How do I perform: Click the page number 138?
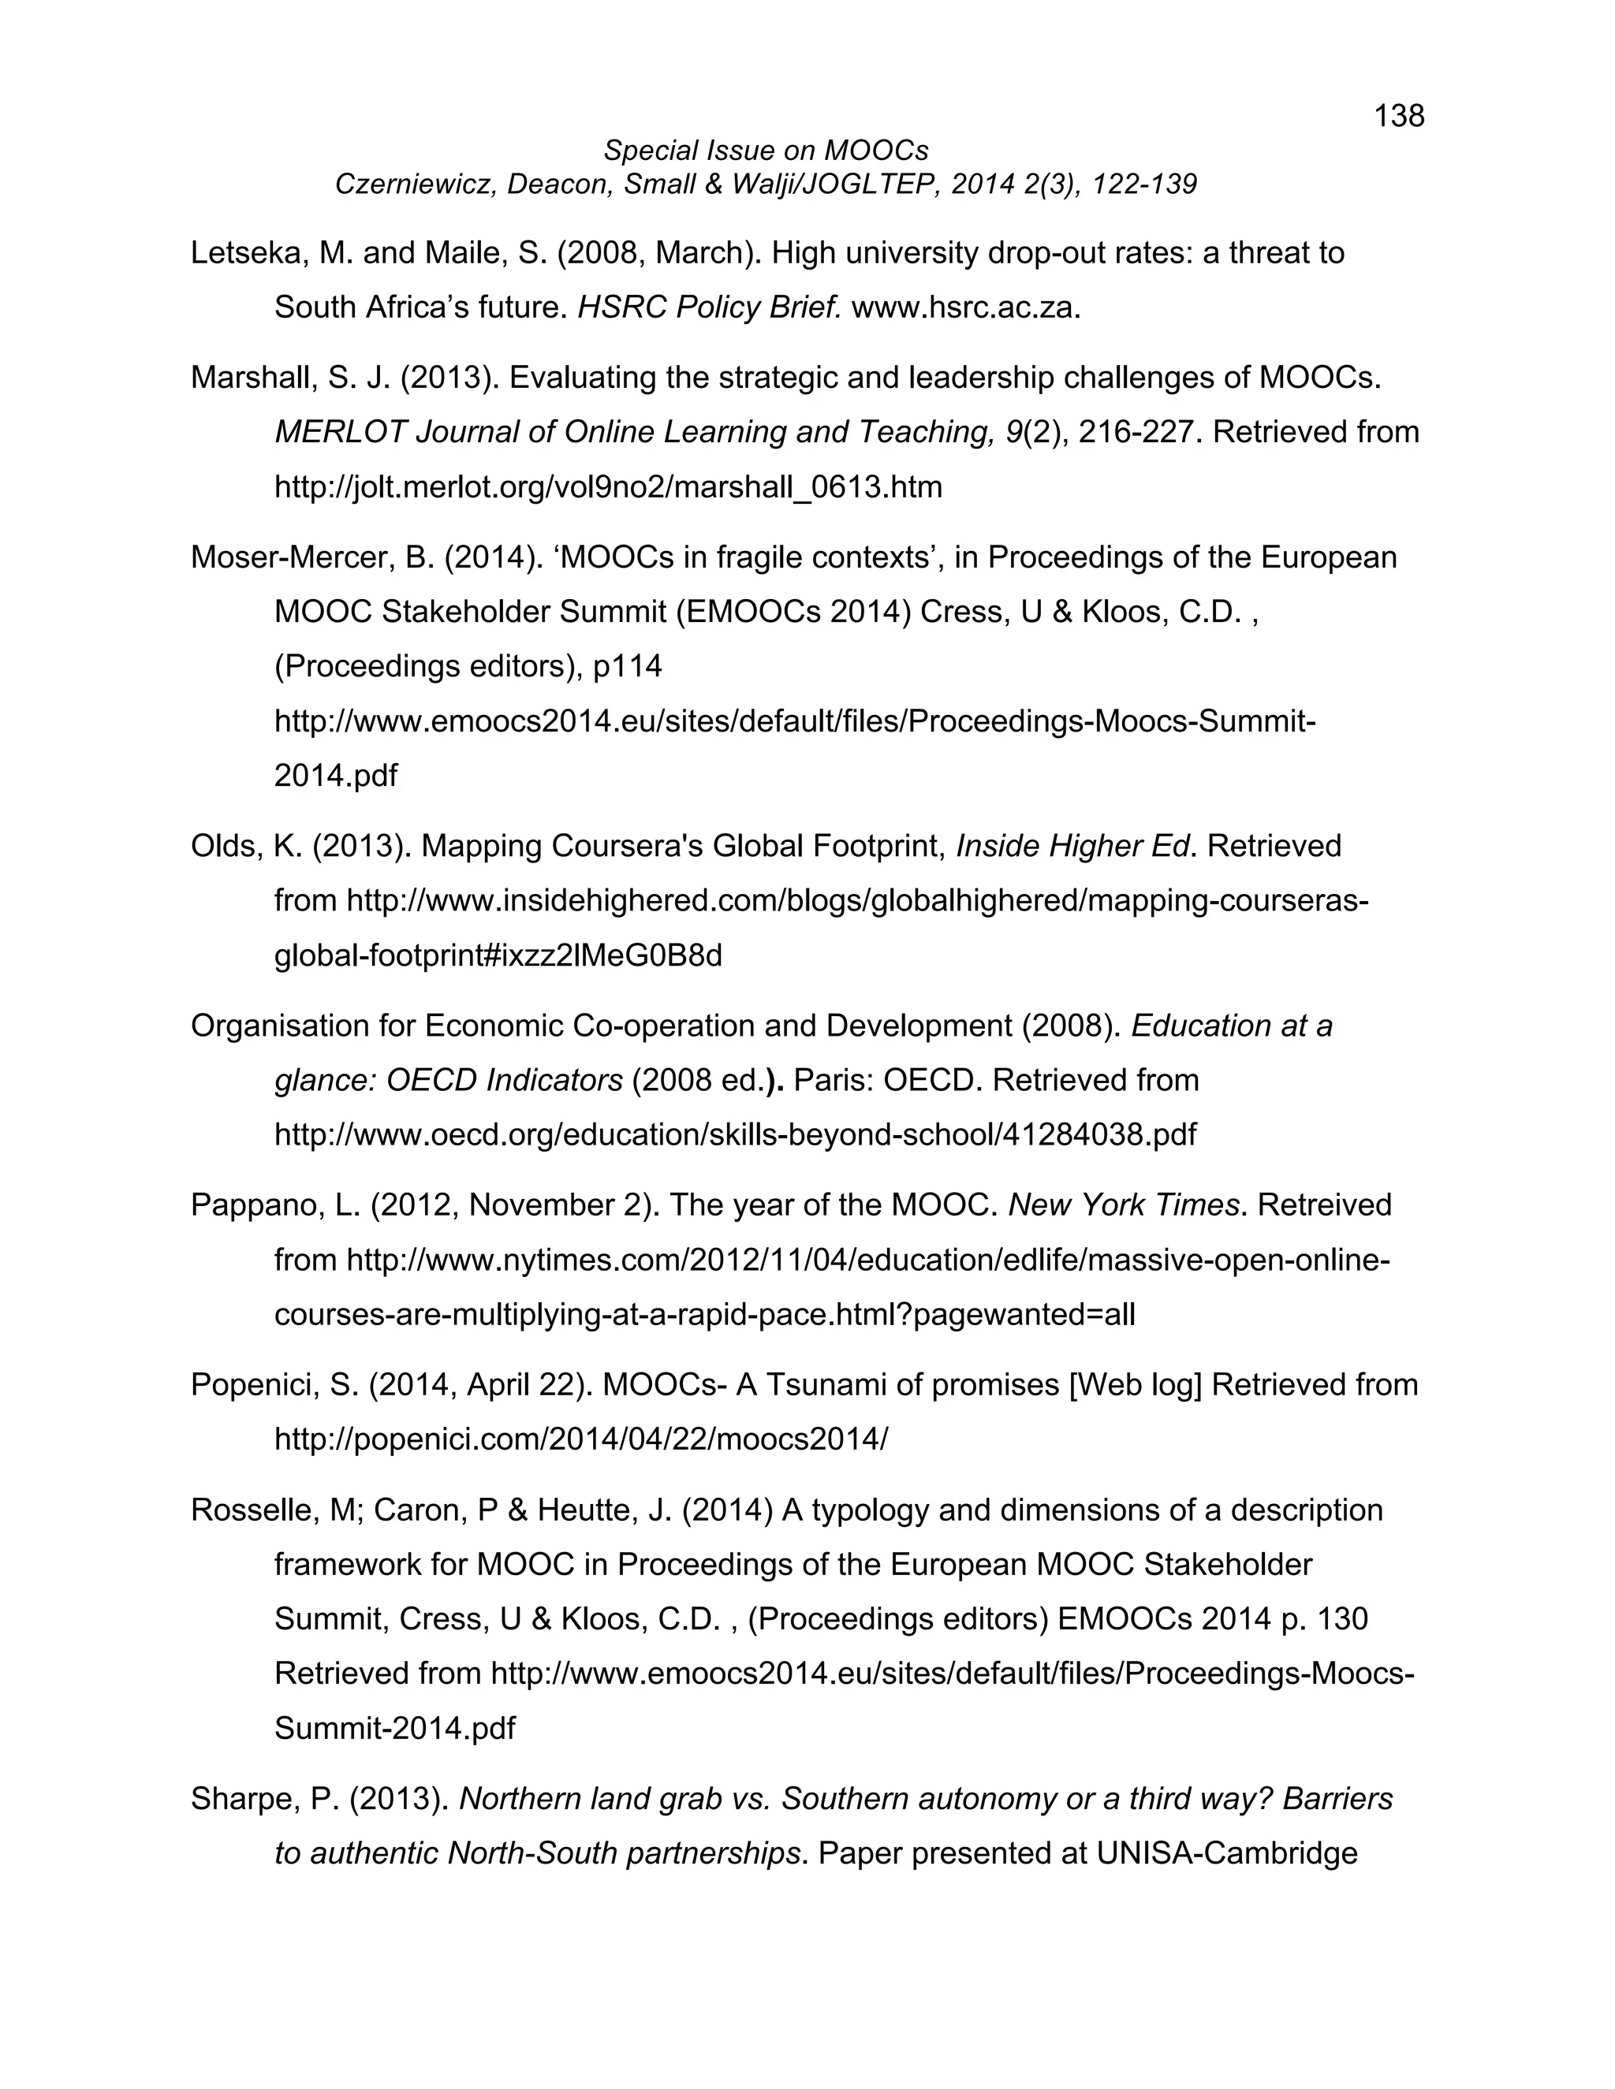pos(1399,116)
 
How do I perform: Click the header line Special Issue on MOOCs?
pos(766,150)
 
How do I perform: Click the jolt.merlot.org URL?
pos(607,487)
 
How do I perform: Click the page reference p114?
pos(628,666)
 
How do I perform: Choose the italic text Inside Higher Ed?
pos(1072,846)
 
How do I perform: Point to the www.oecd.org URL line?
pos(735,1134)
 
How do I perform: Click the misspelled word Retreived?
pos(1324,1205)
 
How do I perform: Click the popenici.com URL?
pos(580,1439)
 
